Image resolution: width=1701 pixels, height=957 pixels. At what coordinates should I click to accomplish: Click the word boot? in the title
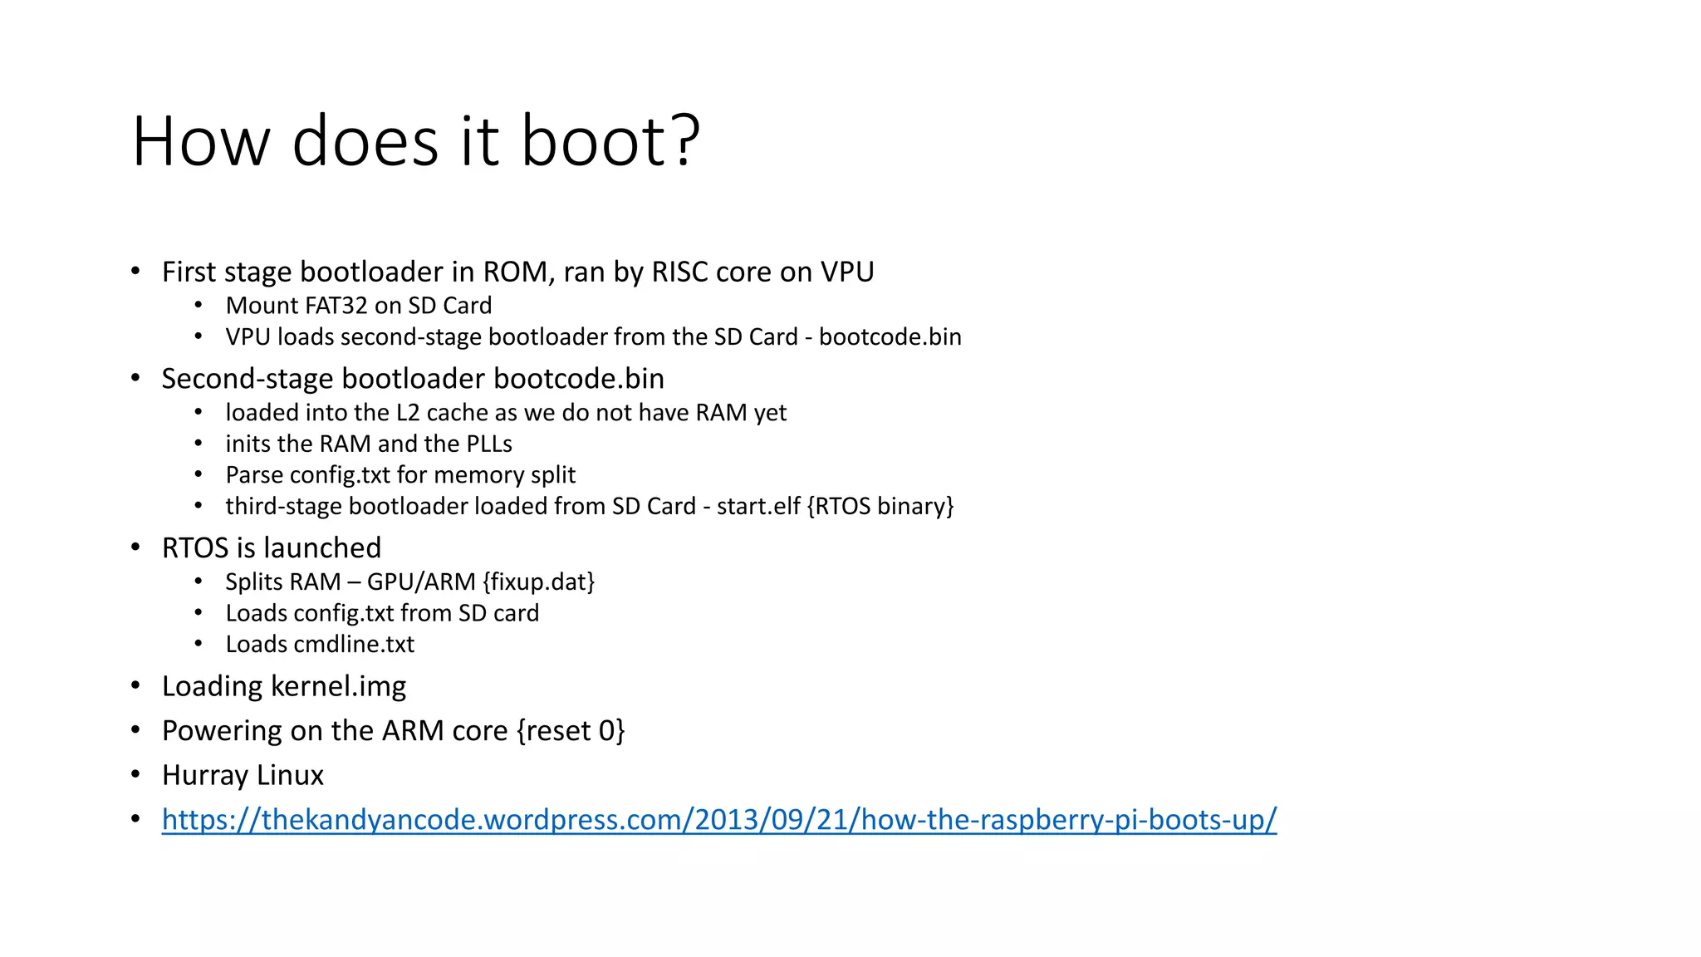coord(610,141)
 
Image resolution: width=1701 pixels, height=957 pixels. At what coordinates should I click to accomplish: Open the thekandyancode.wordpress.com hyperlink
coord(718,820)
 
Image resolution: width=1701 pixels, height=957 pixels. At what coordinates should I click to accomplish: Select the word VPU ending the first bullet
coord(847,272)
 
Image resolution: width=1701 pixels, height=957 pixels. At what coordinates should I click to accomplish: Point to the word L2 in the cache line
coord(408,413)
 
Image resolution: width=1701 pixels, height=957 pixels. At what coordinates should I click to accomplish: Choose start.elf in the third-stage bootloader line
coord(757,507)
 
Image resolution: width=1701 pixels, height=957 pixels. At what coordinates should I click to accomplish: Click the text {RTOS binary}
coord(880,507)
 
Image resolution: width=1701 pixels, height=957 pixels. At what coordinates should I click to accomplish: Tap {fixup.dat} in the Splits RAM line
coord(538,582)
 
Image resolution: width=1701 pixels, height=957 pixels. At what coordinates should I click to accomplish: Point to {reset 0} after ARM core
coord(571,731)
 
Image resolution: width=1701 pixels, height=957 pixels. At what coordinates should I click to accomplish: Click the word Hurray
coord(205,776)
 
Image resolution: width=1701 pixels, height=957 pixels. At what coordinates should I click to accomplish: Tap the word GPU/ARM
coord(421,582)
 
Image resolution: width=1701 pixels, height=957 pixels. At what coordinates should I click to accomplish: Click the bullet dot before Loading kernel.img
coord(135,686)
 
